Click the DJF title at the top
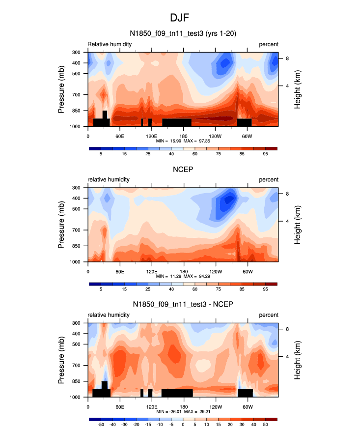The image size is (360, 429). [180, 18]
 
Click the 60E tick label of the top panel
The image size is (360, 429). [119, 136]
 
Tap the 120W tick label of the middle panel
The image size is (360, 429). [215, 271]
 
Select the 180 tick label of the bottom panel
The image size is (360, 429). [183, 406]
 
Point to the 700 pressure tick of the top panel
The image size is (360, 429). [76, 94]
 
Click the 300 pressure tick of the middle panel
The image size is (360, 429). [76, 188]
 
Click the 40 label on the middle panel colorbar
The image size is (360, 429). [171, 290]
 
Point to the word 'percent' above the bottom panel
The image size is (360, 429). [269, 315]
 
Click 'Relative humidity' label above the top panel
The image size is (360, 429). [110, 44]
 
